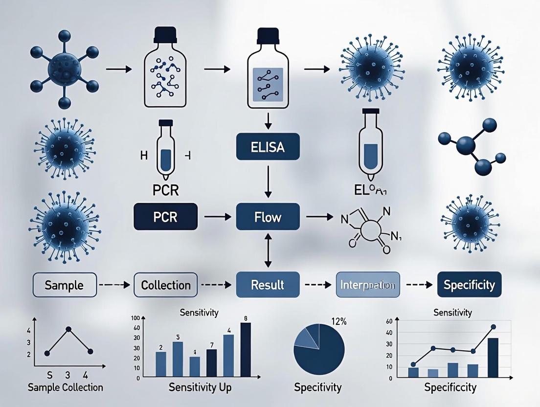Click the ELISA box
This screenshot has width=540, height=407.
tap(267, 146)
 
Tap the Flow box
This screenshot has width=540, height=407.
tap(267, 216)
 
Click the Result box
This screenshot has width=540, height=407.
tap(267, 284)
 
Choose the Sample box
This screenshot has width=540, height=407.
tap(64, 285)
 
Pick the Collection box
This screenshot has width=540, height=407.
tap(165, 285)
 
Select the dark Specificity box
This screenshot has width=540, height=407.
tap(469, 284)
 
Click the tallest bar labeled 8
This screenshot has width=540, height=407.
tap(245, 350)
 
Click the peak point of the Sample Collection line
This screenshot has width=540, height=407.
tap(68, 329)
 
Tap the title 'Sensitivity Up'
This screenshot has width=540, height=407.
tap(200, 387)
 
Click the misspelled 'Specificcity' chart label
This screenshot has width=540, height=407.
tap(450, 387)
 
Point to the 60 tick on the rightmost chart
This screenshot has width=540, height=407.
tap(389, 321)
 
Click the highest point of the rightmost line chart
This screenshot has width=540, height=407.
tap(493, 327)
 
